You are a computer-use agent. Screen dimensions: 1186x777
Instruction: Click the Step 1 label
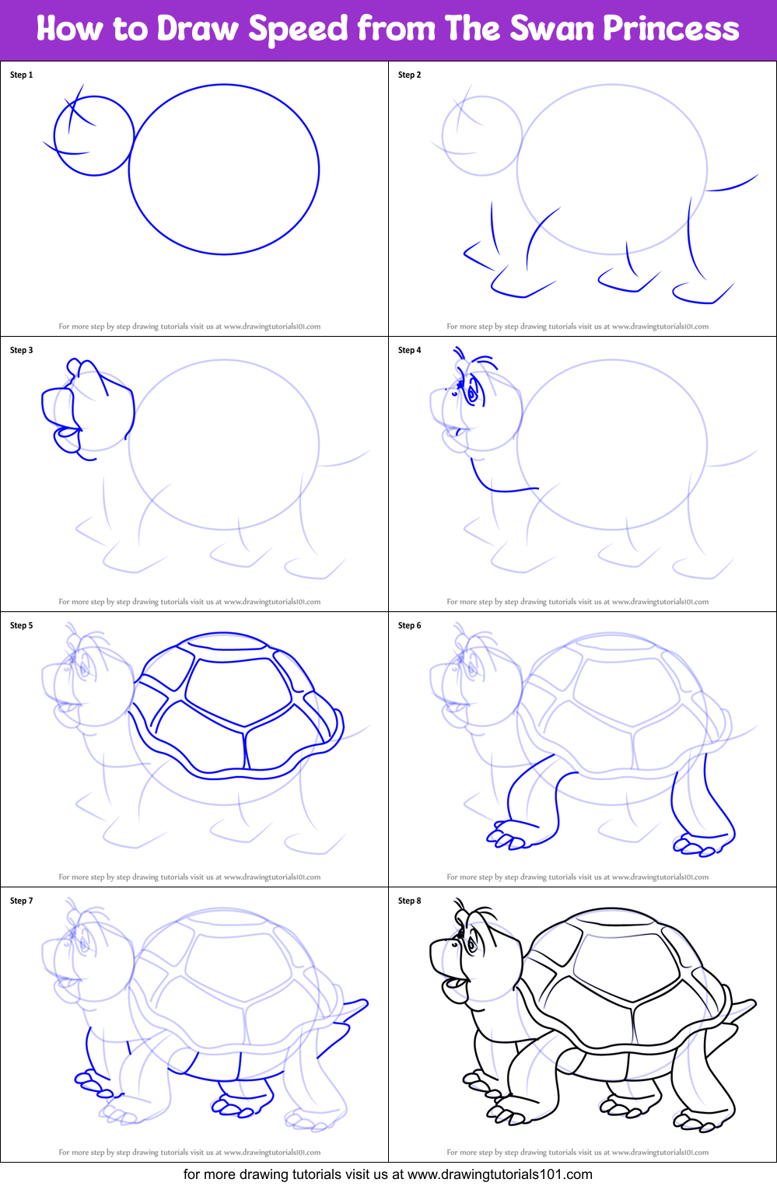pos(21,75)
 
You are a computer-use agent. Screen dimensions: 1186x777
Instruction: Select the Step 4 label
pos(409,350)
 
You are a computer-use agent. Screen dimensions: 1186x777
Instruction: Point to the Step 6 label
pos(409,625)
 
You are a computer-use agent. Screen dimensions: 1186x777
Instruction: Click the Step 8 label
pos(409,901)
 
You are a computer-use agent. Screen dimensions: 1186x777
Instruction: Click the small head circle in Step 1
pos(94,135)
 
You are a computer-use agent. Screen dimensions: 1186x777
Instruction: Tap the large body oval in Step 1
pos(224,170)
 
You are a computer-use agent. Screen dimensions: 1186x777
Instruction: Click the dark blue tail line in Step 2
pos(733,184)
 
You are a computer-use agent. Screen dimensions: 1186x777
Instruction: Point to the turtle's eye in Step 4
pos(471,394)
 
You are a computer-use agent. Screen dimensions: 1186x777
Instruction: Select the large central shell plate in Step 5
pos(241,692)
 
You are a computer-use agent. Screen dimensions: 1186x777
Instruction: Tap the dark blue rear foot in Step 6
pos(695,845)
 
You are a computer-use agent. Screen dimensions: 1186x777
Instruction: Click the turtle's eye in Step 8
pos(471,944)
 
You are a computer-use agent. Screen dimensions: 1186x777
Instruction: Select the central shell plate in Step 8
pos(629,967)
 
